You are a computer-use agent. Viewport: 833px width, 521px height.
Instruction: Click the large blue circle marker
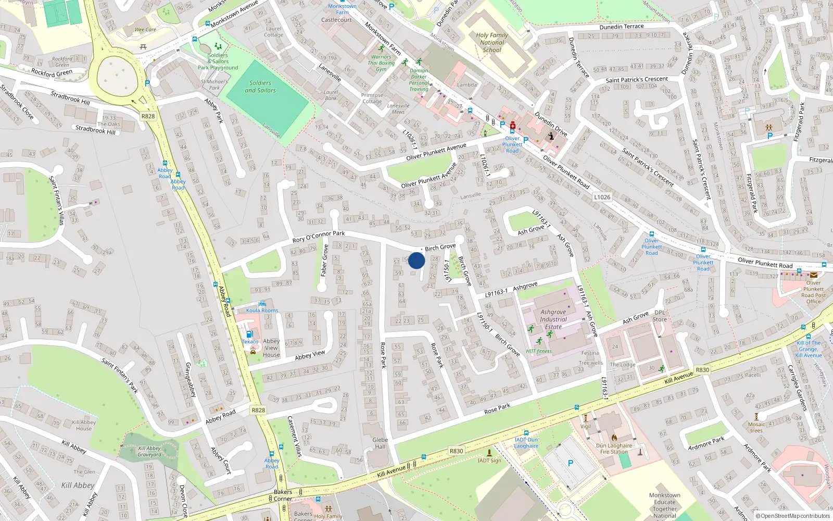[416, 260]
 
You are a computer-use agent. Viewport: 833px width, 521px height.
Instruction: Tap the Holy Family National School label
[492, 43]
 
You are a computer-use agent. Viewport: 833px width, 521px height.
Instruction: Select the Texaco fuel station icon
[249, 334]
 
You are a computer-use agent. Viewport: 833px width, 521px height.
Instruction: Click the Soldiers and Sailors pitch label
[260, 86]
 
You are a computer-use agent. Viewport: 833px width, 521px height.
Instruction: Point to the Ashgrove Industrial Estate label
[553, 319]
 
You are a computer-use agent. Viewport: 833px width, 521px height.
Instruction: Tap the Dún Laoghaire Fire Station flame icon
[614, 438]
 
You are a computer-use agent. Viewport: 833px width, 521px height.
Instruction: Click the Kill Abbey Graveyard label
[149, 451]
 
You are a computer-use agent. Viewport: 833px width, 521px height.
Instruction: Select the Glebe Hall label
[380, 443]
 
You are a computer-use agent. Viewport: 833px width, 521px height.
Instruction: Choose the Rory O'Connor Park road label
[319, 237]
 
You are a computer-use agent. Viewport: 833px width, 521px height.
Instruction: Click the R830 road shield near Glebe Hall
[456, 451]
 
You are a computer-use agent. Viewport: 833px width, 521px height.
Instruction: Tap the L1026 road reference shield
[602, 197]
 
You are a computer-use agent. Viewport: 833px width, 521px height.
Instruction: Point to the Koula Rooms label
[262, 311]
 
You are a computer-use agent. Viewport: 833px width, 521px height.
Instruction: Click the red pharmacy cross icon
[513, 126]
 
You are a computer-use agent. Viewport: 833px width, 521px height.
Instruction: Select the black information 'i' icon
[551, 136]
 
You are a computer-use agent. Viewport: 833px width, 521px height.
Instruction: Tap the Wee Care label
[145, 30]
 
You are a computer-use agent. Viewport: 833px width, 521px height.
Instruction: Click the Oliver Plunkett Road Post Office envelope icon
[813, 275]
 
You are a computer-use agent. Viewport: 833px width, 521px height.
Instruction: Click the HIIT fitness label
[539, 351]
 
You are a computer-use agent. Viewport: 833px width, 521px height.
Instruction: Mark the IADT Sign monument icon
[489, 453]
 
